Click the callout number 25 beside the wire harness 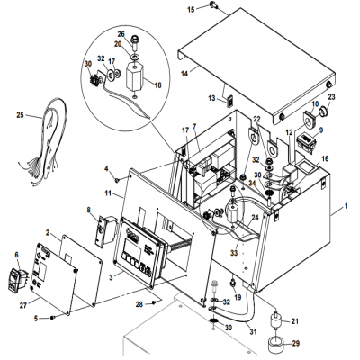[21, 115]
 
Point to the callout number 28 [141, 306]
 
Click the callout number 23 [331, 96]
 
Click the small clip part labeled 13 [229, 99]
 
